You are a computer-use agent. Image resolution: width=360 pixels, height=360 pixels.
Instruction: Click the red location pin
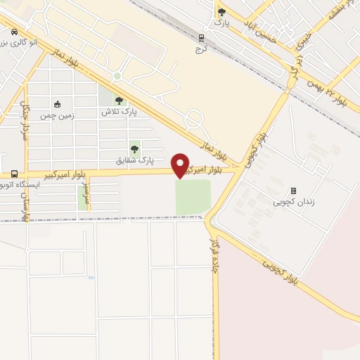[x=180, y=165]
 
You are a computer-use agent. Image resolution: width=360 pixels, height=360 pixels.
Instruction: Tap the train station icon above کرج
[x=201, y=39]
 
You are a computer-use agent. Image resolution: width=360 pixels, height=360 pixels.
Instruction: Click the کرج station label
[x=201, y=50]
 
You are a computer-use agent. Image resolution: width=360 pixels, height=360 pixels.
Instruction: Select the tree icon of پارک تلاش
[x=118, y=101]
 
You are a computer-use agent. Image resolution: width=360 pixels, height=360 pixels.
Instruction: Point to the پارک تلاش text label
[x=118, y=112]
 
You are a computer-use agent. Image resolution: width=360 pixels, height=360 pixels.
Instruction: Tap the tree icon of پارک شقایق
[x=134, y=149]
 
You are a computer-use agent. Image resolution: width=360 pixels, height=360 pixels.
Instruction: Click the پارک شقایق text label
[x=136, y=161]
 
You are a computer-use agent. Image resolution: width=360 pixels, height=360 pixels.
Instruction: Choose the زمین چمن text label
[x=57, y=114]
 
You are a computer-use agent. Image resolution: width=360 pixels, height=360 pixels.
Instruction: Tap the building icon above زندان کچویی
[x=293, y=191]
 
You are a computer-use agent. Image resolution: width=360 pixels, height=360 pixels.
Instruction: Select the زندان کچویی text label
[x=293, y=202]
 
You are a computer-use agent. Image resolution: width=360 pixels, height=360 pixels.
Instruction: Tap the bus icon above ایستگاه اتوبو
[x=14, y=174]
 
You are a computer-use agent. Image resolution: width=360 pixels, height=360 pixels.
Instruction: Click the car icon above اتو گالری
[x=14, y=31]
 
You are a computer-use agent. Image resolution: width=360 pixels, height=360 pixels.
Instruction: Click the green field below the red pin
[x=193, y=197]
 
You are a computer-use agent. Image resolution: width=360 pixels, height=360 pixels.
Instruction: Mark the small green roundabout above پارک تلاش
[x=117, y=76]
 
